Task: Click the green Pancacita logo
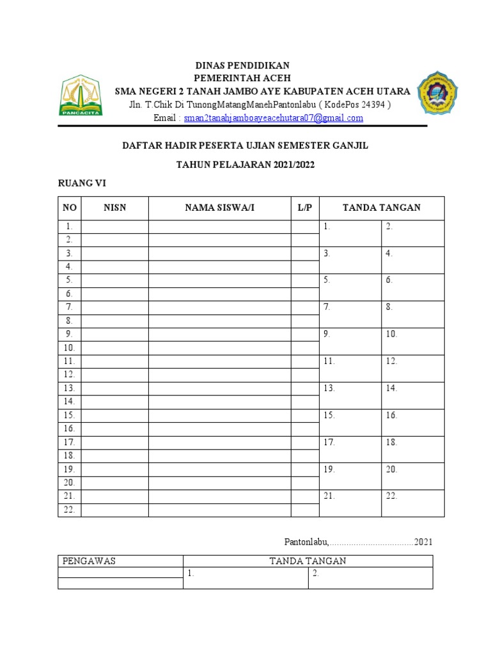(x=81, y=96)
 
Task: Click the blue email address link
(x=273, y=118)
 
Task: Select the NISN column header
(x=115, y=208)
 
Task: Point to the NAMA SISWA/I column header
(x=220, y=208)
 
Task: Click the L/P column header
(x=305, y=208)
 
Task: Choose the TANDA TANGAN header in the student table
(x=381, y=208)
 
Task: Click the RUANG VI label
(x=82, y=183)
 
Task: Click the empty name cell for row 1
(x=220, y=227)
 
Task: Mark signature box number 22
(x=412, y=503)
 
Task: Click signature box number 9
(x=350, y=341)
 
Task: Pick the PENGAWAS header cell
(x=120, y=561)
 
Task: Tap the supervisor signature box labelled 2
(x=370, y=577)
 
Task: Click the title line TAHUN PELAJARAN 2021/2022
(x=245, y=165)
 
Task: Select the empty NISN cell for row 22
(x=115, y=510)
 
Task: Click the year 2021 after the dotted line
(x=423, y=542)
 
